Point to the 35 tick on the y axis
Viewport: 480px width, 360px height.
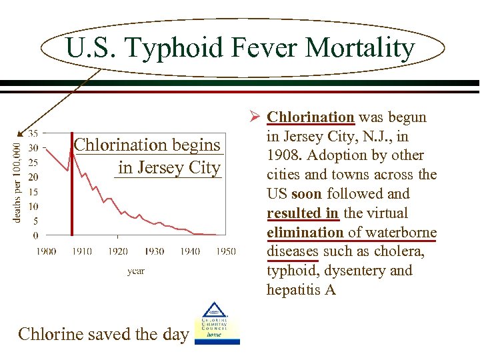(x=33, y=133)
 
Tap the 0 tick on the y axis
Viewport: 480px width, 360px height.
(x=35, y=235)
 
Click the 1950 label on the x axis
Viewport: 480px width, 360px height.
(x=225, y=251)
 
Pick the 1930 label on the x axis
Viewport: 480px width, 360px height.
(x=153, y=251)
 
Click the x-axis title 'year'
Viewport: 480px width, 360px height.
(x=135, y=271)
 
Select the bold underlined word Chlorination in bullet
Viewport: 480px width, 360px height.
(x=310, y=117)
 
